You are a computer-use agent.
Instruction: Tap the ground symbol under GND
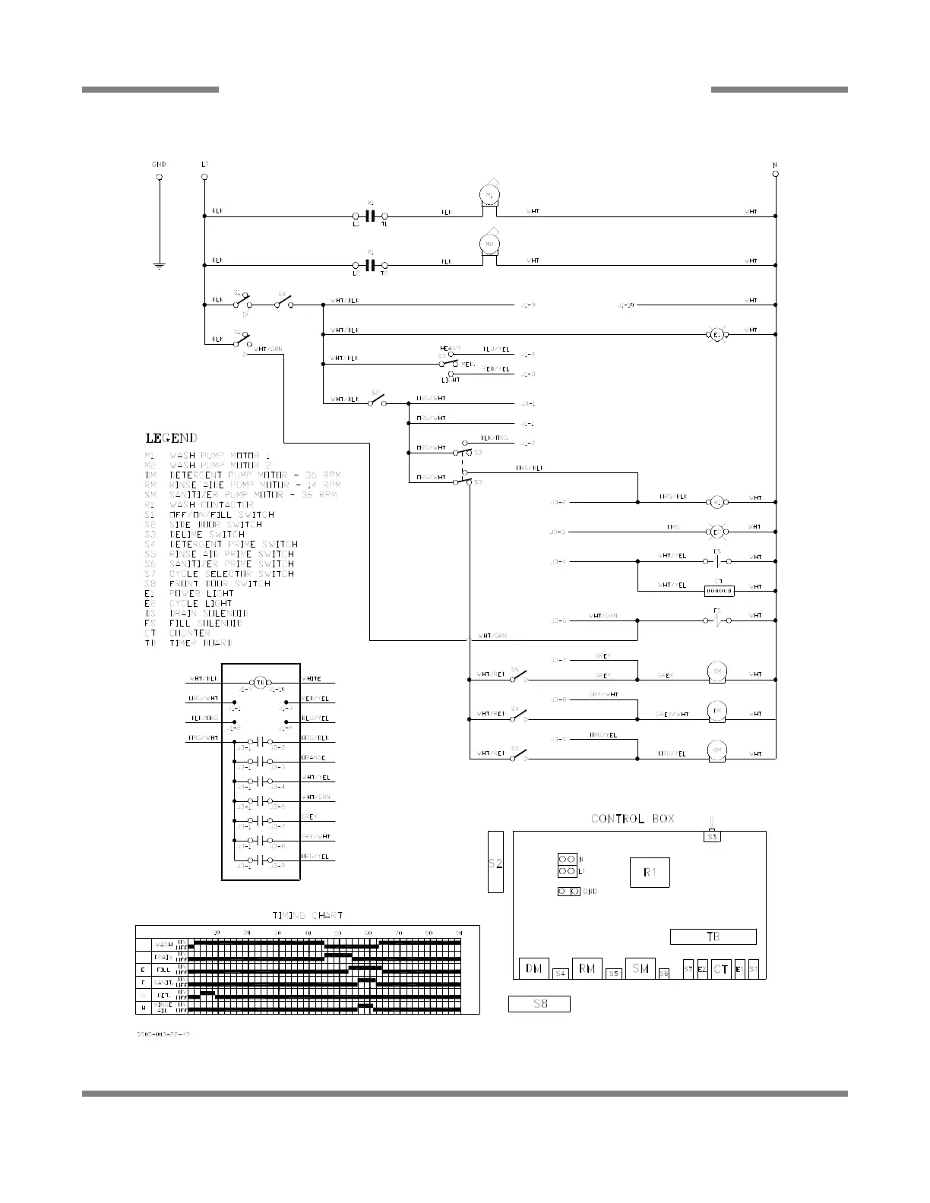click(x=159, y=265)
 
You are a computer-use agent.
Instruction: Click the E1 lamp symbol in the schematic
click(x=715, y=334)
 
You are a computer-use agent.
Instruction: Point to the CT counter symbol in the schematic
click(x=719, y=590)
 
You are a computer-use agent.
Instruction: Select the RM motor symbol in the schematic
click(x=716, y=750)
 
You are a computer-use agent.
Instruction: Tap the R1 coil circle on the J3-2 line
click(x=715, y=501)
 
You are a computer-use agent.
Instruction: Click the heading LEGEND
click(x=171, y=438)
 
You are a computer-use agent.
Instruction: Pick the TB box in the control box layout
click(x=713, y=936)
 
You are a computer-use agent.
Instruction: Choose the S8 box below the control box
click(x=539, y=1004)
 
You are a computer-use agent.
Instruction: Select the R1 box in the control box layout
click(x=650, y=872)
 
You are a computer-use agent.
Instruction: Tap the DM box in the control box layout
click(x=533, y=968)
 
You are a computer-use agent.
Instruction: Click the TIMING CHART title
click(x=308, y=916)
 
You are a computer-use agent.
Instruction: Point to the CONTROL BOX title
click(x=632, y=819)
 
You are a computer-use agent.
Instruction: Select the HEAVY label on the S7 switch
click(x=450, y=348)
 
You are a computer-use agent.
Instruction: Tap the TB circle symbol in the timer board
click(x=260, y=682)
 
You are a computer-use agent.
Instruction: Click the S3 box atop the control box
click(x=712, y=836)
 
